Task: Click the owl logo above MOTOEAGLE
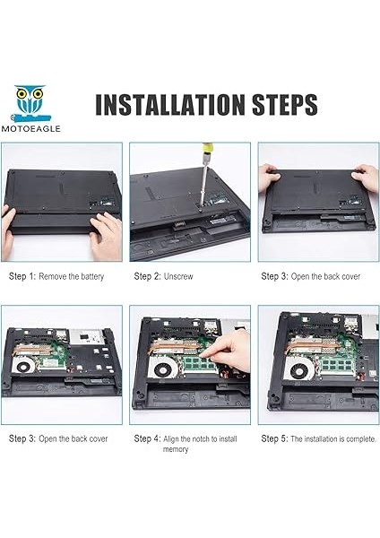coord(31,104)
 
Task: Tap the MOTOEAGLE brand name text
coord(30,129)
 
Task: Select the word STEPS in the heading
coord(284,104)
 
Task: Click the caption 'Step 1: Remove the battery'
coord(56,276)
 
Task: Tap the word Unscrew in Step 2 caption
coord(178,276)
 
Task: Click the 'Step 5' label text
coord(274,438)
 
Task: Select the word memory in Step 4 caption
coord(176,449)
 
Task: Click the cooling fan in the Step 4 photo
coord(166,369)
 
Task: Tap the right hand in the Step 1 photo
coord(107,235)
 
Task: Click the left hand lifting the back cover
coord(269,178)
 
